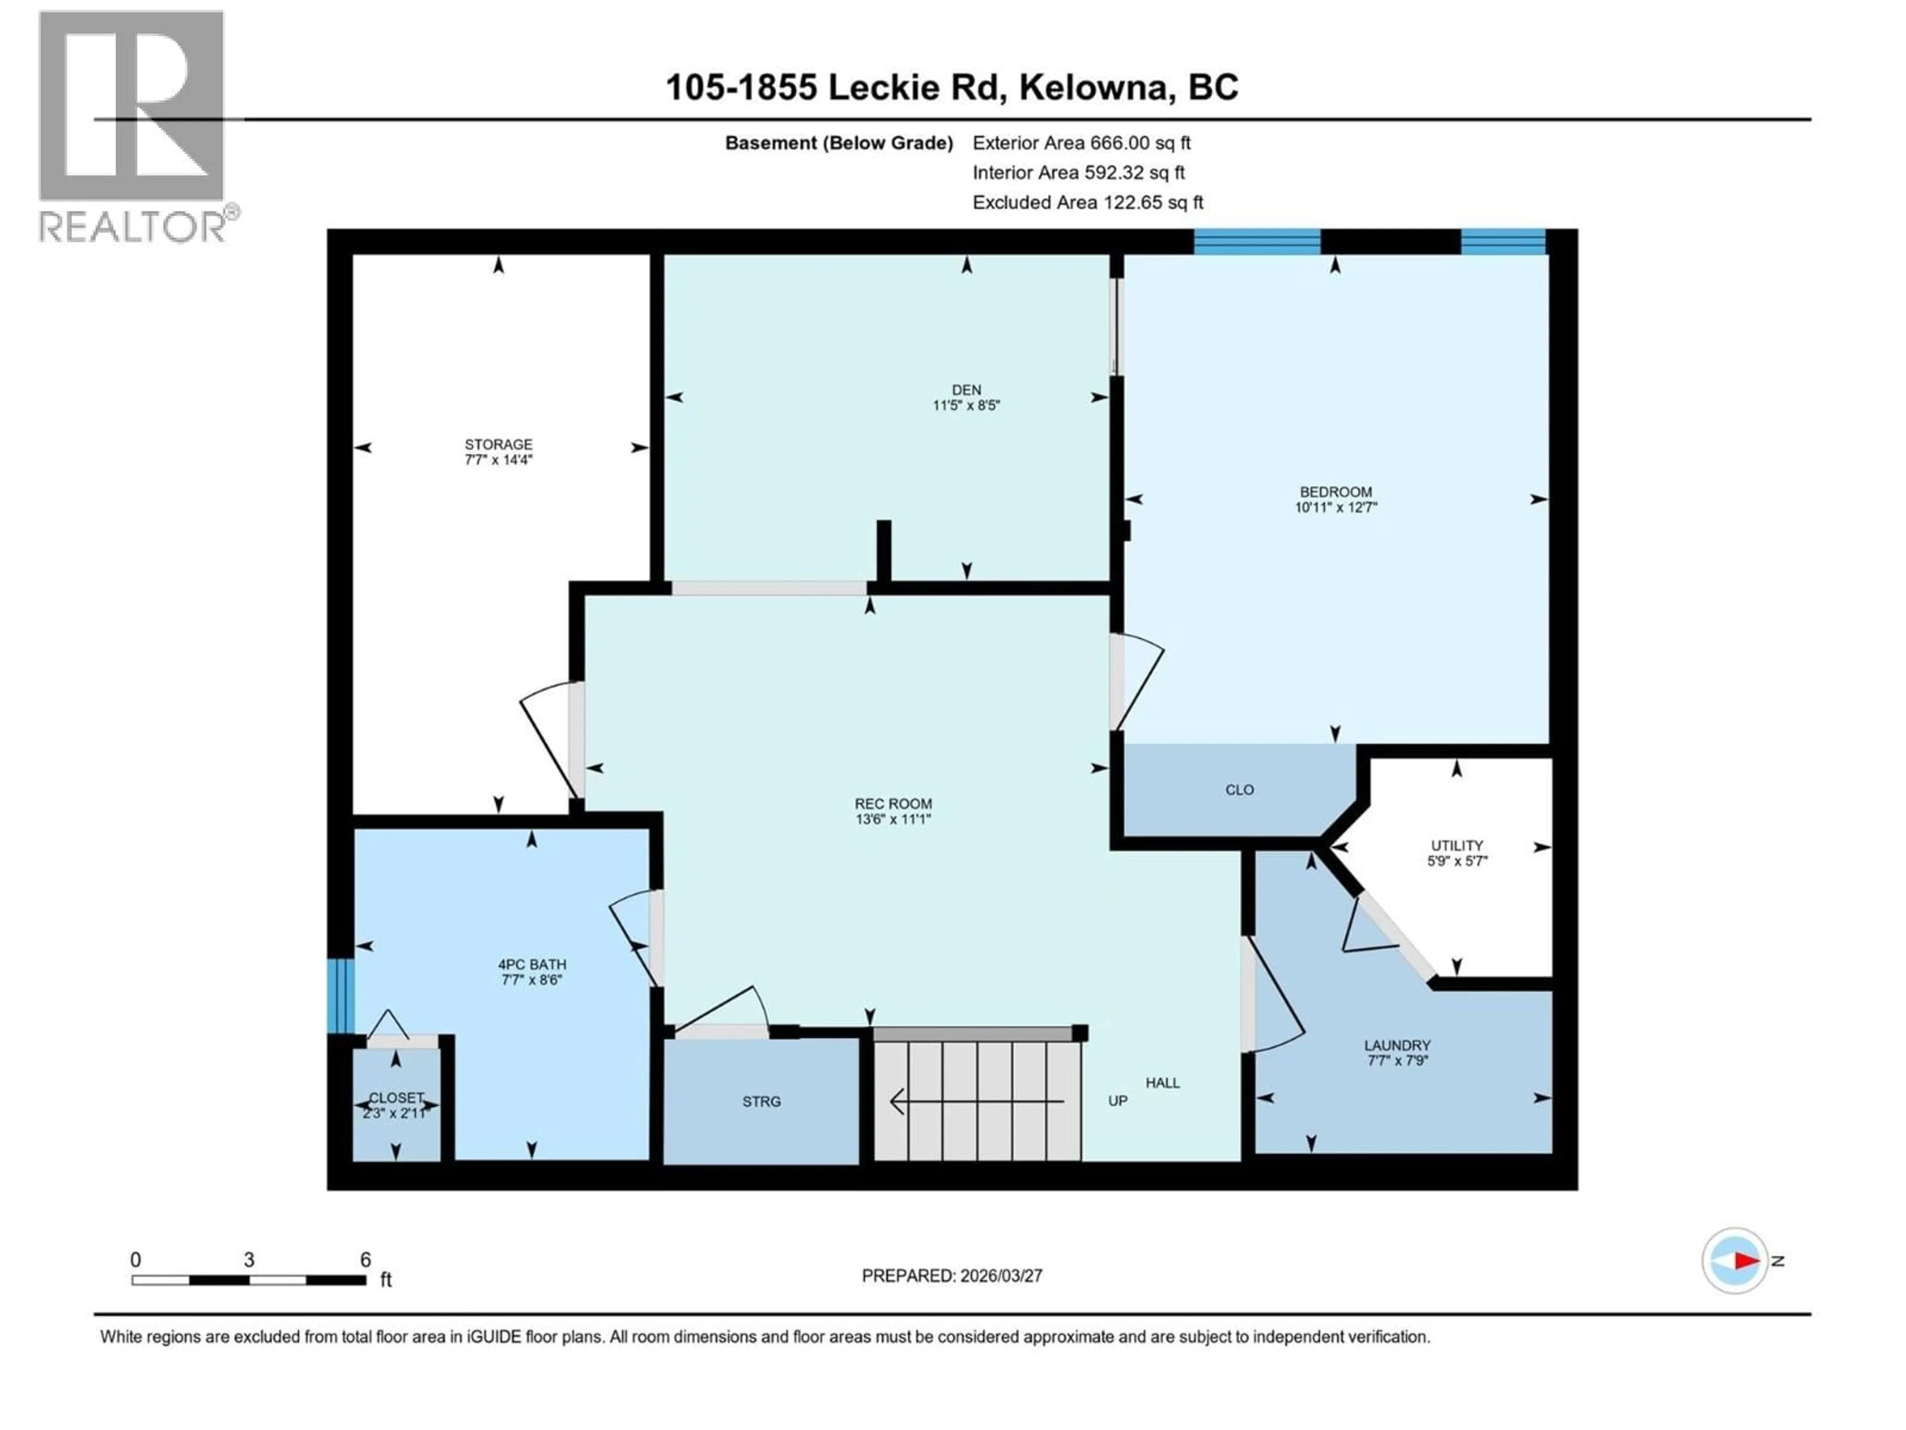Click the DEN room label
click(966, 390)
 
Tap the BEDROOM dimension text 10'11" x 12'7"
click(1336, 507)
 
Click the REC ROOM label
click(892, 803)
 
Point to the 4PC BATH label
click(532, 965)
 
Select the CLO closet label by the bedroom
click(1239, 789)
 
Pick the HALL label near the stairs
click(1162, 1082)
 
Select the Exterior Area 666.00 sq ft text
click(1082, 143)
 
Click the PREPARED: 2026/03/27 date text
click(952, 1276)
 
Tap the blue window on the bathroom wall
click(340, 996)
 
